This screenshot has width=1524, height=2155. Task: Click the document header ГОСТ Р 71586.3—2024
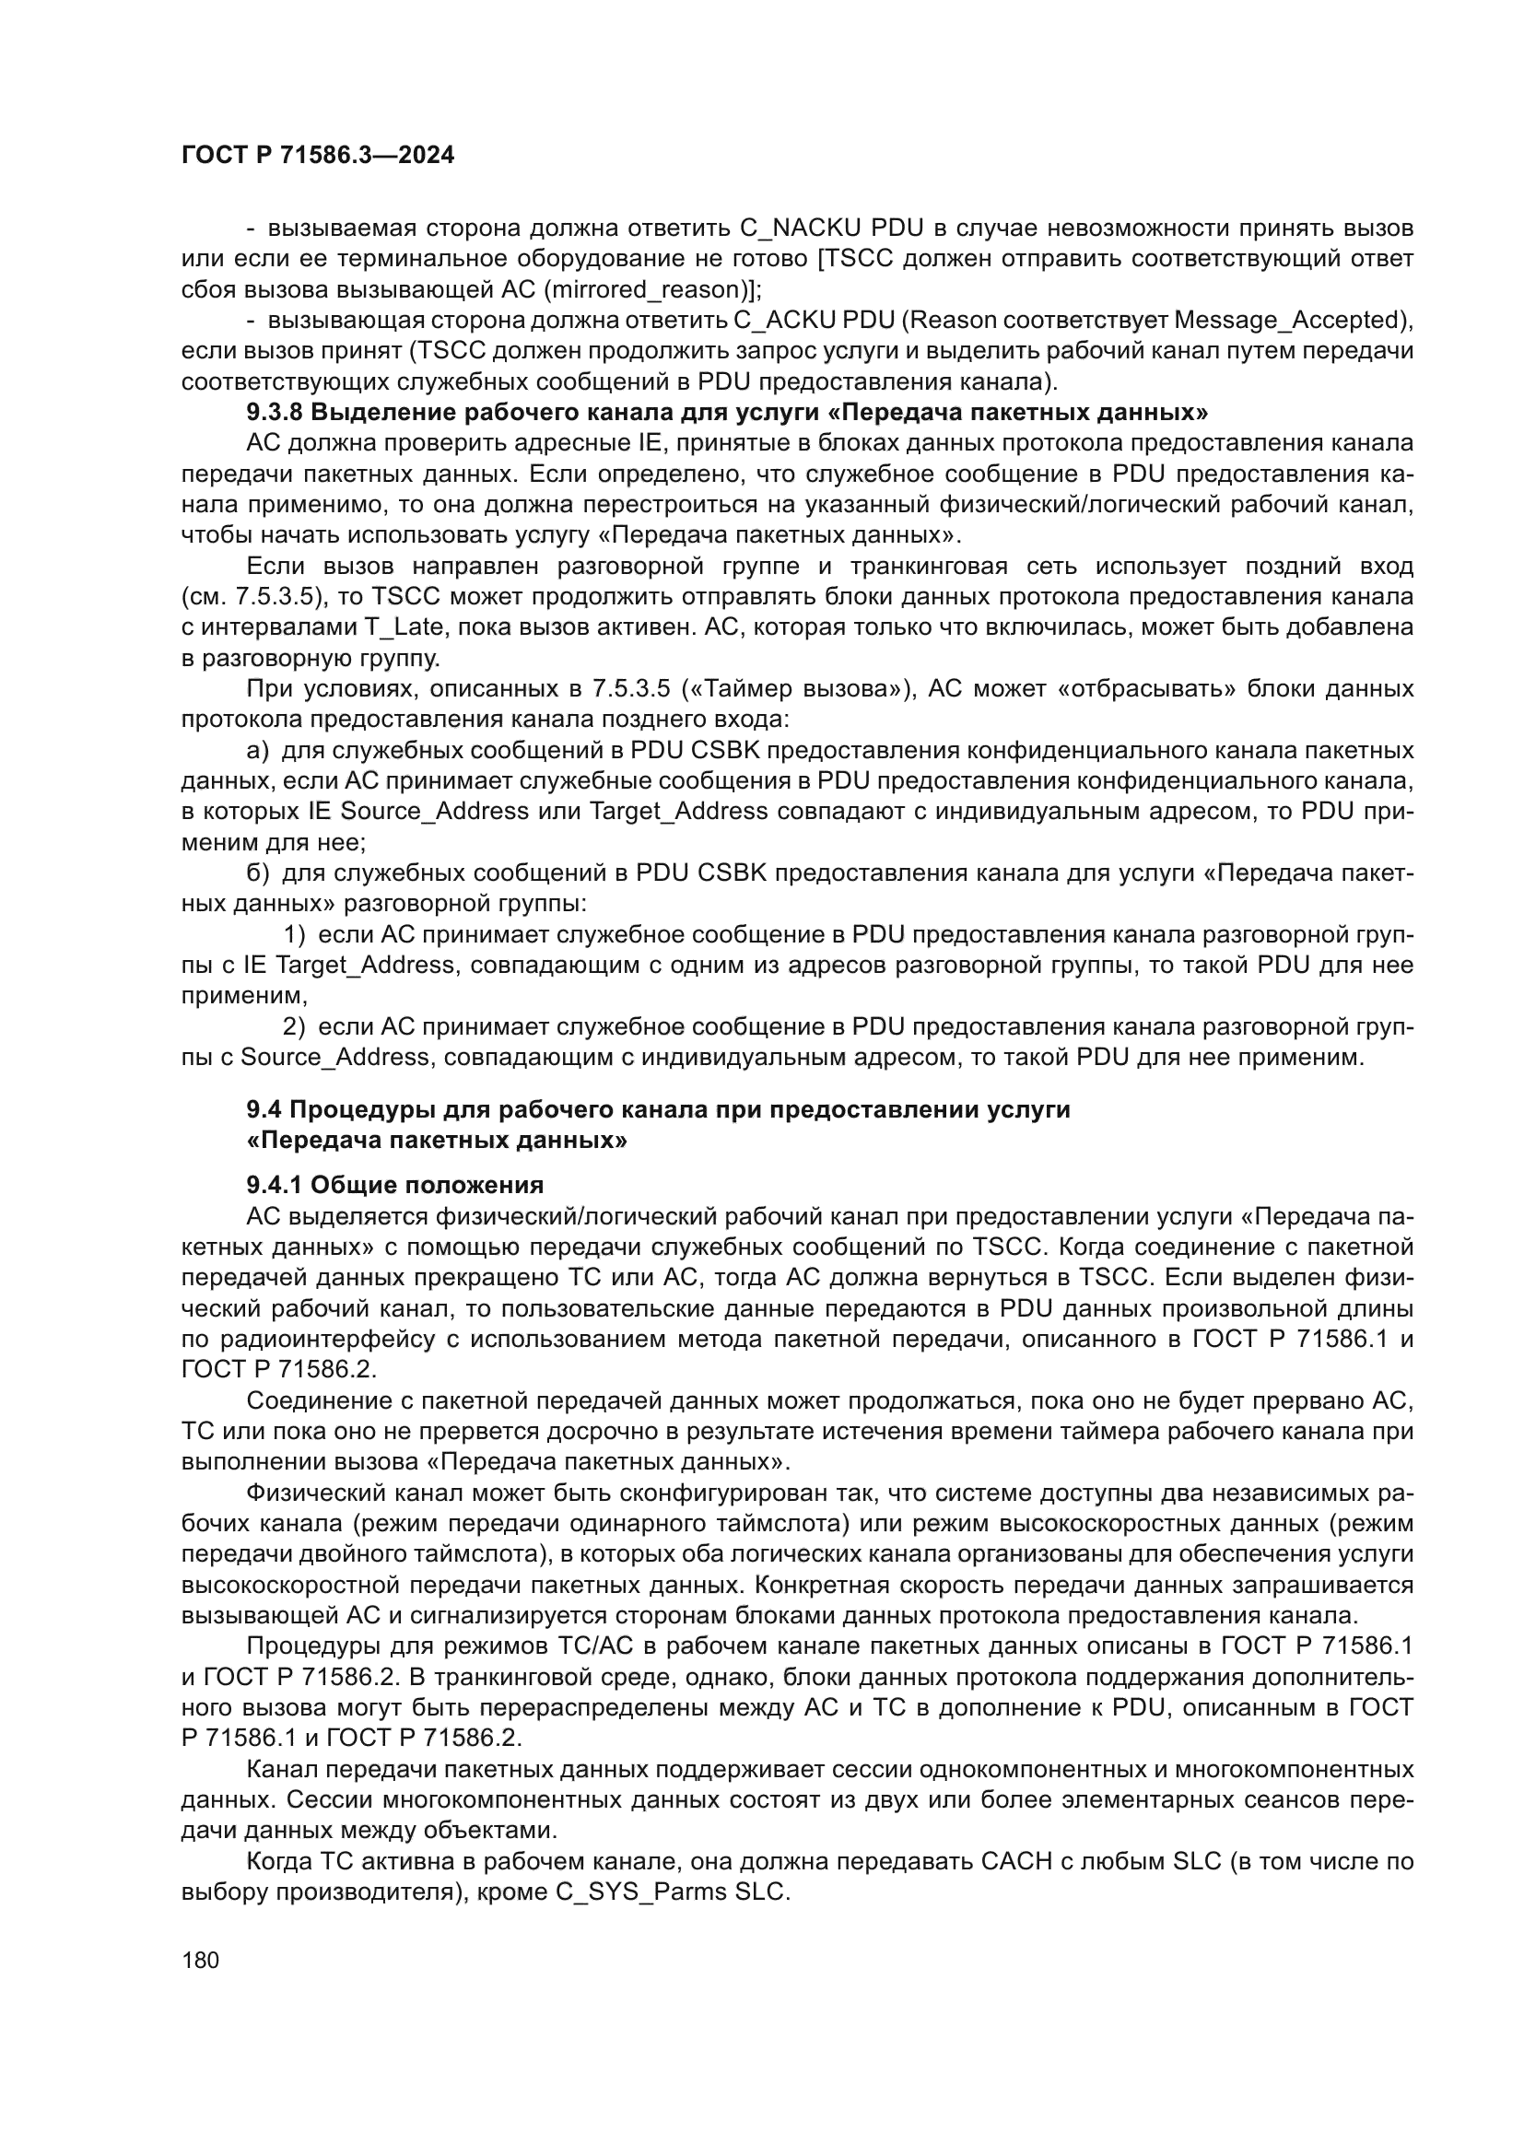(x=317, y=156)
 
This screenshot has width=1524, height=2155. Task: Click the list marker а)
(x=257, y=751)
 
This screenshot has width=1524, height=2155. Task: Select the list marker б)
(x=257, y=873)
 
